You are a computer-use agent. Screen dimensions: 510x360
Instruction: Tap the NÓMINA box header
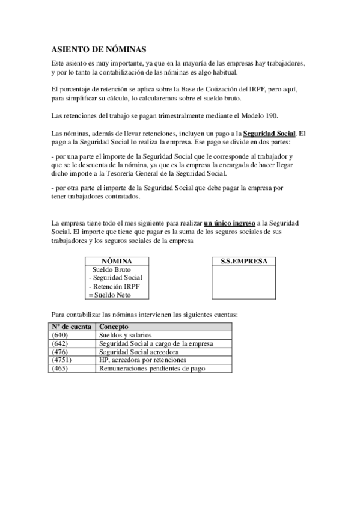(x=117, y=261)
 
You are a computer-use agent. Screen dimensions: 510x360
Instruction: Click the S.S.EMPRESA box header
(x=244, y=261)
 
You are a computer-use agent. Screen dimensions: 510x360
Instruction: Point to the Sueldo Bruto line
(x=111, y=269)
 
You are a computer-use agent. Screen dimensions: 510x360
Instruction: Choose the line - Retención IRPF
(x=114, y=286)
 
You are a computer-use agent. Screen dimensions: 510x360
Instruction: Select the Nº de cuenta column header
(x=72, y=326)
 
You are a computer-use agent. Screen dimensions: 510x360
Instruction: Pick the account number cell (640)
(x=60, y=334)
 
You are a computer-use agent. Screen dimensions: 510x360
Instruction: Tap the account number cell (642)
(x=60, y=343)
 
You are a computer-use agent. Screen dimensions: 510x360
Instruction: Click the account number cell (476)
(x=60, y=351)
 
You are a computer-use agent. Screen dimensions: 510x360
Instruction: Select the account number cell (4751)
(x=62, y=359)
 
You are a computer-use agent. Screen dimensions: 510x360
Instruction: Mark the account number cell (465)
(x=60, y=367)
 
